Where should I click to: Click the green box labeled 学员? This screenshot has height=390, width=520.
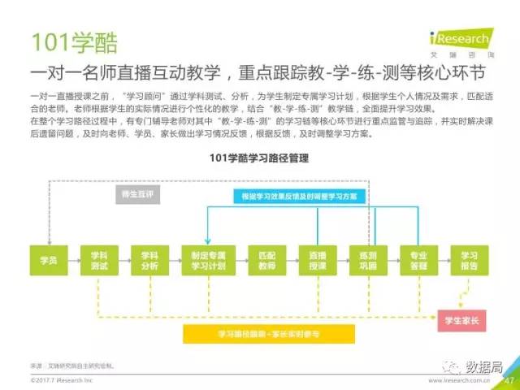(x=48, y=259)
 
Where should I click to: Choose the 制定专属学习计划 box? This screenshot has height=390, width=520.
(x=204, y=259)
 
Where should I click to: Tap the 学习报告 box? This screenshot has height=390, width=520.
(x=469, y=259)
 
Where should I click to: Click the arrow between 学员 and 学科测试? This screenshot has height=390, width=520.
(x=73, y=259)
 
